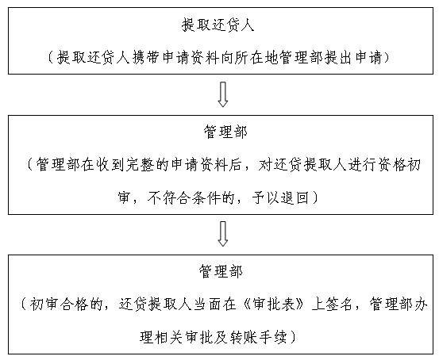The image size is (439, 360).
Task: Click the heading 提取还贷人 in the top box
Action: pyautogui.click(x=218, y=25)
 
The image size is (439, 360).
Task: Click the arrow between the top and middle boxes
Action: pyautogui.click(x=222, y=94)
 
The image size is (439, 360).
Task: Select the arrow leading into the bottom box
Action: pyautogui.click(x=222, y=234)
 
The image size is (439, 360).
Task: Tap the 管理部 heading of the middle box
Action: pyautogui.click(x=225, y=132)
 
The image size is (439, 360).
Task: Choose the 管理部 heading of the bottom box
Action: pyautogui.click(x=221, y=271)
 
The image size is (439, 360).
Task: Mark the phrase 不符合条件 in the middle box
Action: pyautogui.click(x=184, y=197)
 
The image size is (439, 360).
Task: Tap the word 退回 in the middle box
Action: pyautogui.click(x=295, y=197)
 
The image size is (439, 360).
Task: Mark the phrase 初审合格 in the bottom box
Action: pyautogui.click(x=59, y=304)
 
